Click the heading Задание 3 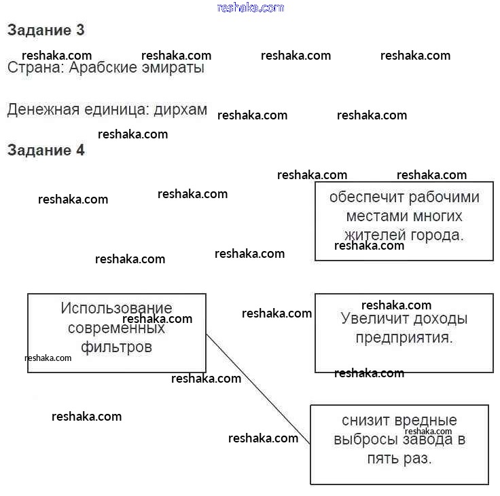coord(46,31)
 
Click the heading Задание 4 coord(46,151)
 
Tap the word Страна coord(33,68)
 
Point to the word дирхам coord(180,110)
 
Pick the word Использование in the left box coord(116,308)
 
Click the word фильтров coord(116,347)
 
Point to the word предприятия coord(404,337)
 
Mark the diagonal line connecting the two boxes coord(258,389)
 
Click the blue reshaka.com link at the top coord(250,7)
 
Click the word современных coord(116,328)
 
